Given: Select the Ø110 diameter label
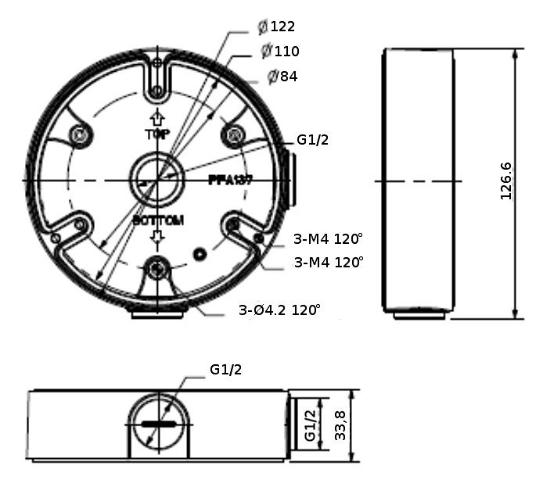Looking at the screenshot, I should (x=281, y=52).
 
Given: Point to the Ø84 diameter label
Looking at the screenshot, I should (x=282, y=77).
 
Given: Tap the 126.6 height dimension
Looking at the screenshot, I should (x=505, y=181).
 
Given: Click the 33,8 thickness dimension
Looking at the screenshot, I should (x=340, y=425).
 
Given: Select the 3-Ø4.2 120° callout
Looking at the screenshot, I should (x=279, y=310).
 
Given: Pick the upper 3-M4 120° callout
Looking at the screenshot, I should (x=329, y=238).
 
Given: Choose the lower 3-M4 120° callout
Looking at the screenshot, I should (x=329, y=262).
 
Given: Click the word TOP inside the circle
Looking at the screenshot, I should (x=157, y=134).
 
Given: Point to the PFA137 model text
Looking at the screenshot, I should (x=231, y=179).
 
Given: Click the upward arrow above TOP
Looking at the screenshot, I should (x=157, y=118).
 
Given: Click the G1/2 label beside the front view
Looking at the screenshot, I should (x=312, y=140).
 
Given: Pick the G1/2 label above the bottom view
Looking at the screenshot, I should (x=225, y=370).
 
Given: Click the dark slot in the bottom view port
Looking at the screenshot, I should (x=158, y=424).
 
